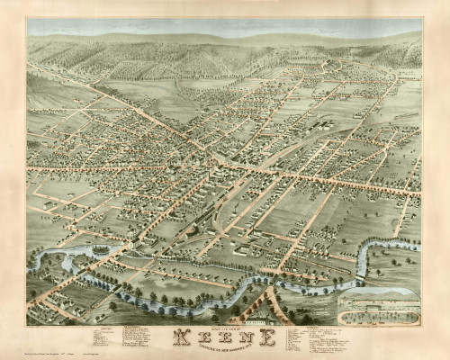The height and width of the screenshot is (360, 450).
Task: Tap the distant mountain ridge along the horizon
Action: coord(225,38)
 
